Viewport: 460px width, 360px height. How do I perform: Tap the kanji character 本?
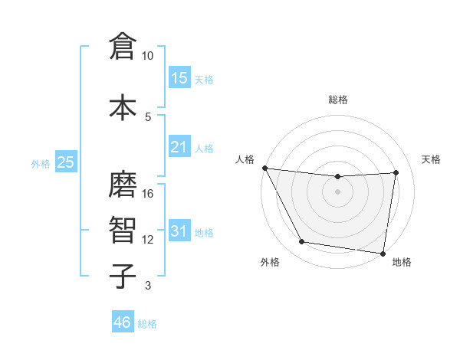(x=123, y=106)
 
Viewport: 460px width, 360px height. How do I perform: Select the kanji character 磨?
(x=123, y=184)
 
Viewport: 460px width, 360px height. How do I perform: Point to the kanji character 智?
(x=123, y=229)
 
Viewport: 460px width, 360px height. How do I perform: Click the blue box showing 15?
(x=179, y=78)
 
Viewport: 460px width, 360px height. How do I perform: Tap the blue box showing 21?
(x=179, y=147)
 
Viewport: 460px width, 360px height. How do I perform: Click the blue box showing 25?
(x=65, y=162)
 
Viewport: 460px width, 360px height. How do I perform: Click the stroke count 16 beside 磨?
(x=148, y=194)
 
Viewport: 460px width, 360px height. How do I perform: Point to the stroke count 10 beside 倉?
(x=148, y=56)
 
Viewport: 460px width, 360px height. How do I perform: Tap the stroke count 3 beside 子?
(x=148, y=286)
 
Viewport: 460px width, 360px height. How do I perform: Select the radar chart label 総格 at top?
(x=338, y=100)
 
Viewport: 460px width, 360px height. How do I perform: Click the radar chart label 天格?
(x=431, y=159)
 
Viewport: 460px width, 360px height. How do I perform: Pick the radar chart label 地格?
(x=402, y=263)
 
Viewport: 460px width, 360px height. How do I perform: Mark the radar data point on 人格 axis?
(x=264, y=168)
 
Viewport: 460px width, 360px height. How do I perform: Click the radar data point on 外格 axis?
(x=301, y=242)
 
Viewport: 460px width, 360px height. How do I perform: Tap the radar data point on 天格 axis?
(x=396, y=172)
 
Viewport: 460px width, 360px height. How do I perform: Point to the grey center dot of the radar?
(x=338, y=191)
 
